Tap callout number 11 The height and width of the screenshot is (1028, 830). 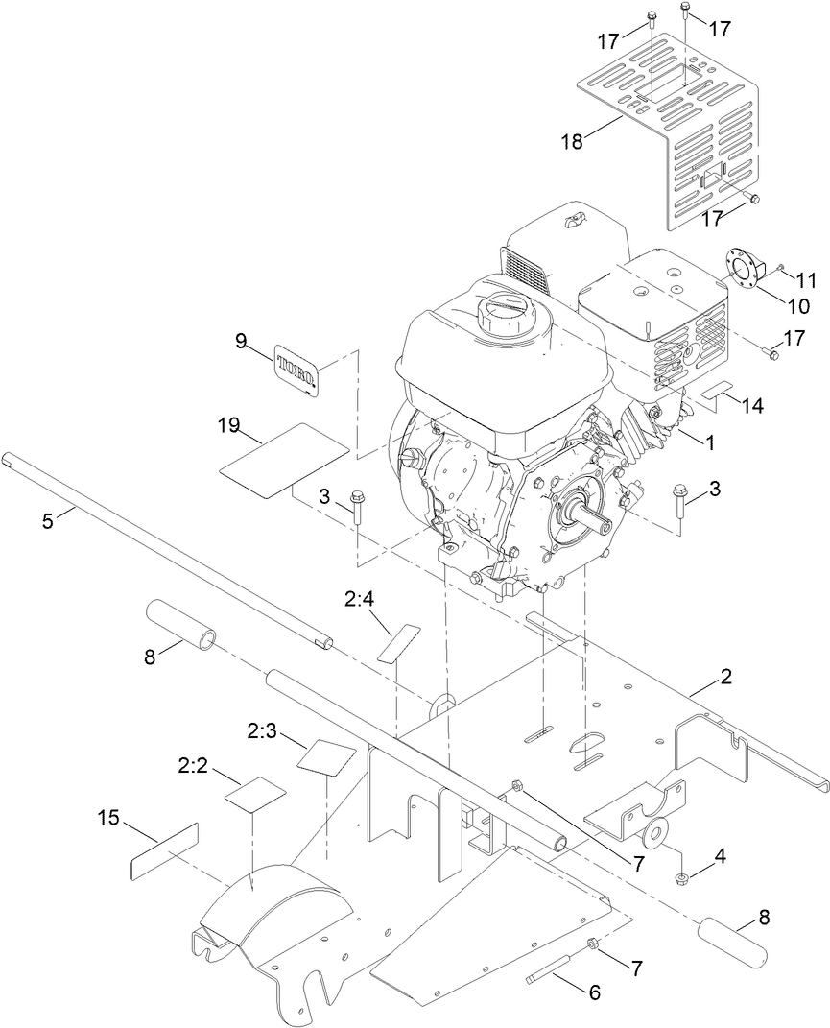[x=805, y=281]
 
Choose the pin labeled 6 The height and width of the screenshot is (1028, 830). [x=553, y=964]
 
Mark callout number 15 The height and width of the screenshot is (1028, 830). [x=109, y=818]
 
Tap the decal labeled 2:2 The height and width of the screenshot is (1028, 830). [x=255, y=796]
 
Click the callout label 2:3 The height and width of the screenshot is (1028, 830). [x=262, y=732]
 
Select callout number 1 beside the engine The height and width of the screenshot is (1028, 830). [x=710, y=443]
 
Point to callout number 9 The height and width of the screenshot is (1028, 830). [x=241, y=340]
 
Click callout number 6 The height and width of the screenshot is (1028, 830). [x=594, y=993]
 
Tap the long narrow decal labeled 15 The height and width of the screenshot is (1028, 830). [x=164, y=849]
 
